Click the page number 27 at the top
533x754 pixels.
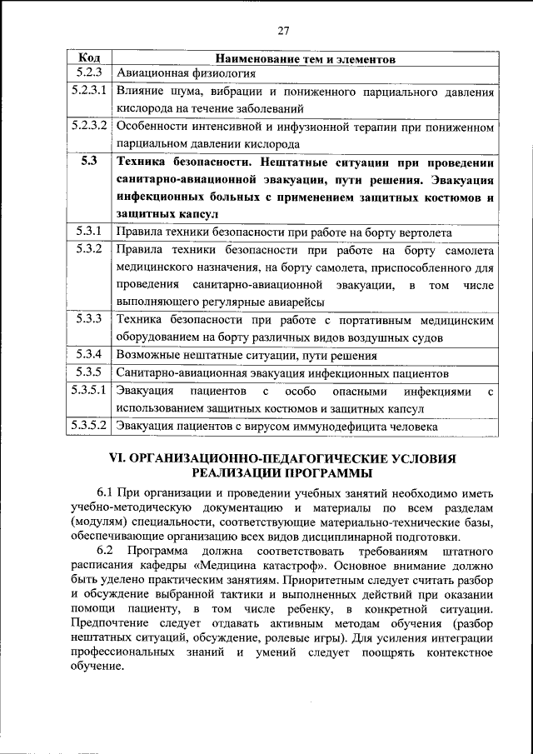283,31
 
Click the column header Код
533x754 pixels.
89,58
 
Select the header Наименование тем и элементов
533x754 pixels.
306,59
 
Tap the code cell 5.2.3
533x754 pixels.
89,73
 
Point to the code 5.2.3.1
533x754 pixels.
89,91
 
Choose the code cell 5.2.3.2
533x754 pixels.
89,127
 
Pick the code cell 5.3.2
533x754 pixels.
89,249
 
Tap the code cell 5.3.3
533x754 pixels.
89,319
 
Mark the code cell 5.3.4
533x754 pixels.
89,354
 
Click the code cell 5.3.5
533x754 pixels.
89,372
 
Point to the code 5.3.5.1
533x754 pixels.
89,390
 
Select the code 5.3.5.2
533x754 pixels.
89,426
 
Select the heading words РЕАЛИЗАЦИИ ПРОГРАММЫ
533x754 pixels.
283,473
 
